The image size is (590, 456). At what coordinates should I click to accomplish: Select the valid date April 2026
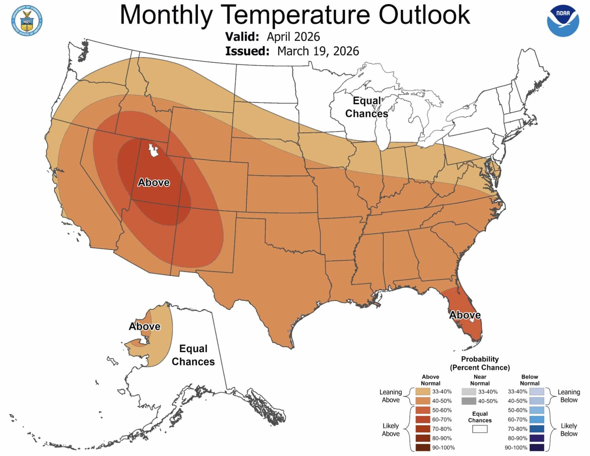tap(293, 37)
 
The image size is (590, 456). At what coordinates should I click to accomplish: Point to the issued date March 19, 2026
tap(318, 51)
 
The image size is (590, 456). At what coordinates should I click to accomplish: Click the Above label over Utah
tap(153, 182)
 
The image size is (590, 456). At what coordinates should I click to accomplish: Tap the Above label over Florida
tap(465, 315)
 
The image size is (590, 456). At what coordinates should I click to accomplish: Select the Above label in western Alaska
tap(144, 326)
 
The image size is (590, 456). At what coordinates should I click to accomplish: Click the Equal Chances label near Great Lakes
tap(367, 107)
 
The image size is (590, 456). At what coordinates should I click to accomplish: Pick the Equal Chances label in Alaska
tap(193, 355)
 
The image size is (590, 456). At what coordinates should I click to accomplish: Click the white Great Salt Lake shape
tap(153, 150)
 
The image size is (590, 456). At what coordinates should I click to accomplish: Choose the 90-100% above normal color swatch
tap(423, 447)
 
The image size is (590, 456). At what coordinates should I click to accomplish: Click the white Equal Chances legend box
tap(480, 429)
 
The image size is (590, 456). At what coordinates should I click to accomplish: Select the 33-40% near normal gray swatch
tap(469, 391)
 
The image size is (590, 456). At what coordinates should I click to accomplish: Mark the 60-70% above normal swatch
tap(423, 419)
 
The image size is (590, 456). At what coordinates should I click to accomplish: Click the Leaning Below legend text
tap(568, 396)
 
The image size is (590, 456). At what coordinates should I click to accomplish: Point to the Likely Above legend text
tap(391, 430)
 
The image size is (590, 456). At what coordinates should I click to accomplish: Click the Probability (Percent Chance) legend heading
tap(480, 363)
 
